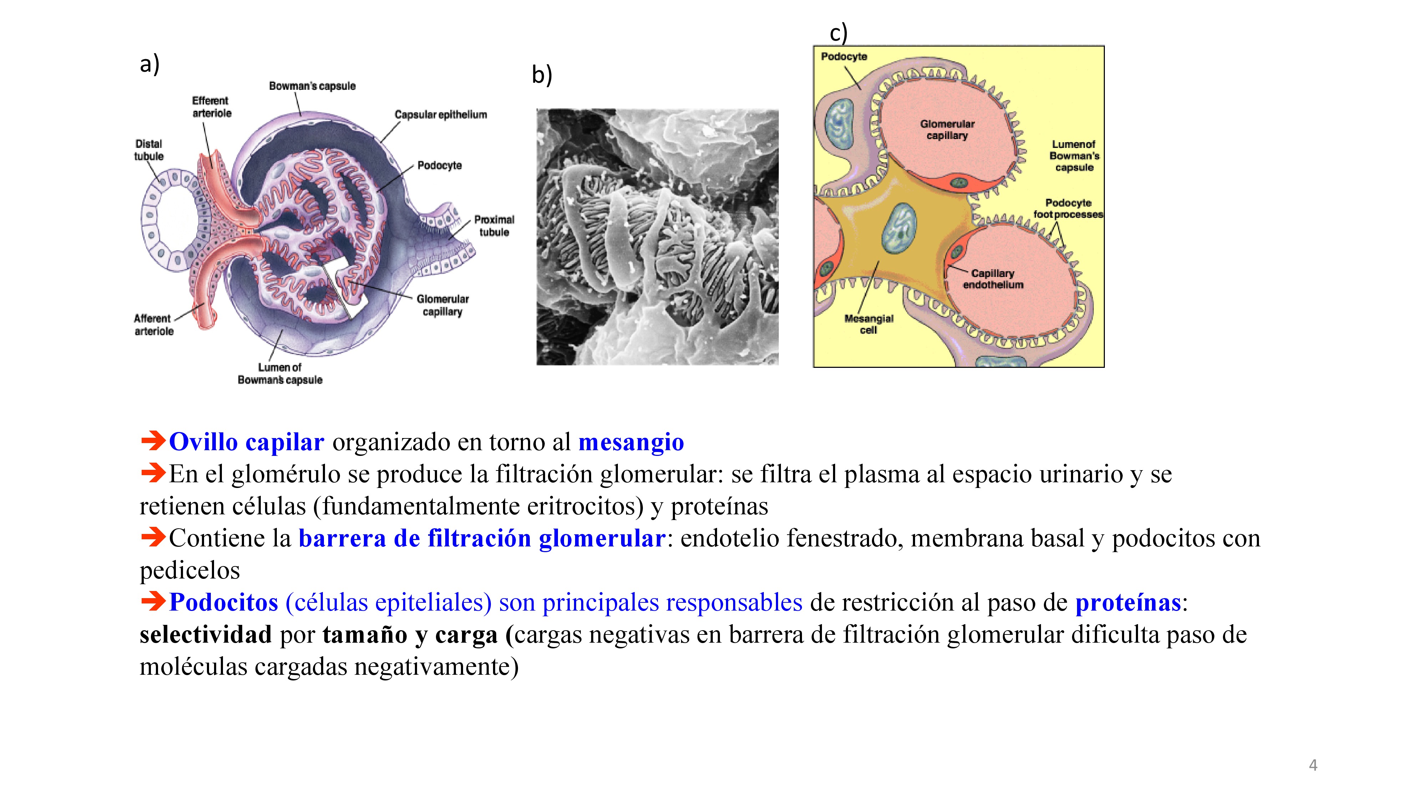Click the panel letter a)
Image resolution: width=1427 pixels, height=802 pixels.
(x=149, y=64)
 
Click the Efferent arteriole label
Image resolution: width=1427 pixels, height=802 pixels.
(x=211, y=107)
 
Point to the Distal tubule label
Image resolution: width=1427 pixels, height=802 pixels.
(x=148, y=150)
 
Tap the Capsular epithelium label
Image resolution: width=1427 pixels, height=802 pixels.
(x=440, y=114)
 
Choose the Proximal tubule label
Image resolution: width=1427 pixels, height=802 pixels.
(x=494, y=226)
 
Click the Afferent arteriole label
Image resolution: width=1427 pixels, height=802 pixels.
(x=153, y=325)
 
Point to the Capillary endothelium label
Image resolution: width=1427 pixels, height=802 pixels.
(x=993, y=279)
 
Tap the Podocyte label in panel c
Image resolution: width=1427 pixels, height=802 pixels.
(x=844, y=56)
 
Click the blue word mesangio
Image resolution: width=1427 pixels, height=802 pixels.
(x=631, y=442)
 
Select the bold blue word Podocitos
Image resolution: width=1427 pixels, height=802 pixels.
(x=224, y=603)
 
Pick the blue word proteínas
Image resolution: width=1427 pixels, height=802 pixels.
(x=1128, y=603)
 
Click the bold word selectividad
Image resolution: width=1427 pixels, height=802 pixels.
(x=205, y=635)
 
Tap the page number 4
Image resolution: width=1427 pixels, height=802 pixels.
(x=1313, y=766)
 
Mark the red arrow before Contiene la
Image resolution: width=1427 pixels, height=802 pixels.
(x=153, y=537)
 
